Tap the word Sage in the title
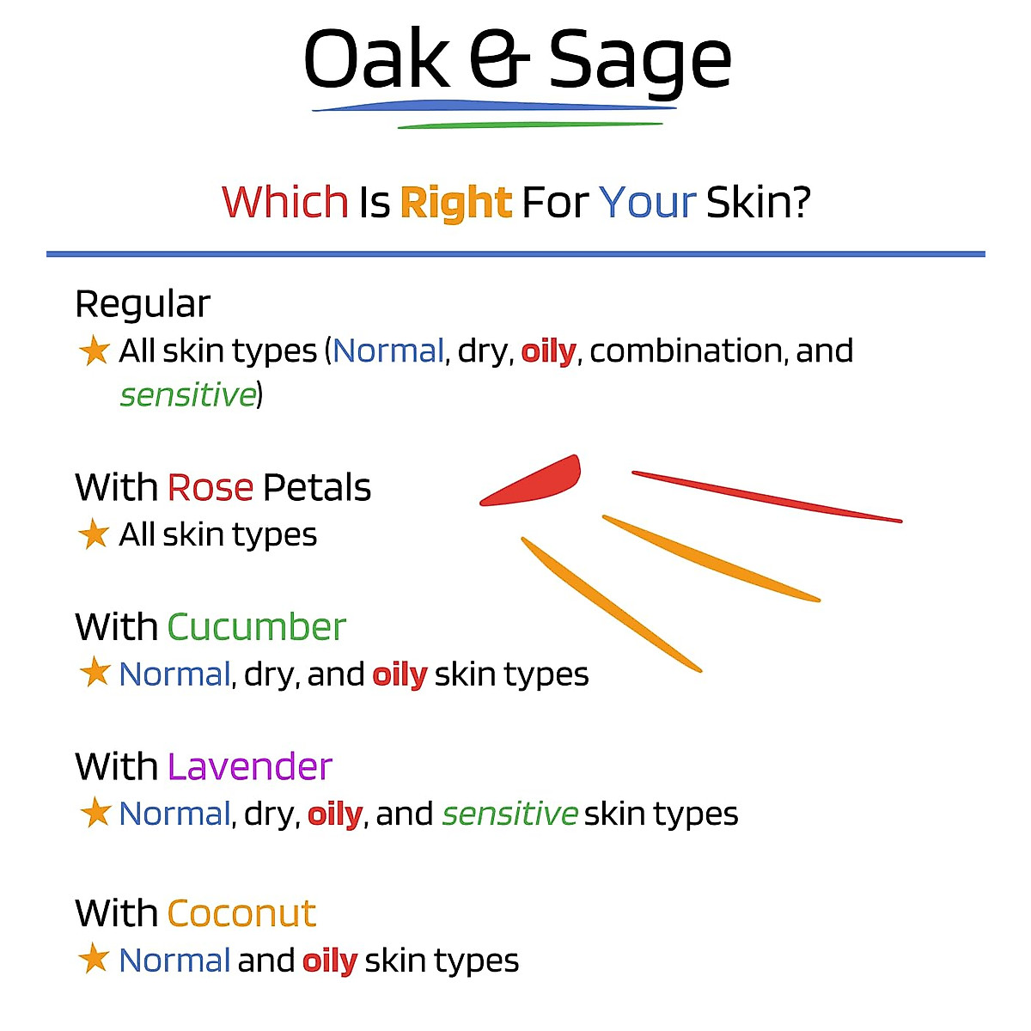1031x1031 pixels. click(640, 62)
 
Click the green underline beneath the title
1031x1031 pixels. click(530, 125)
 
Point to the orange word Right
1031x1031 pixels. click(456, 204)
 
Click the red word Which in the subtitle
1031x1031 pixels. click(285, 202)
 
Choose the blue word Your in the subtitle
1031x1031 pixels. click(647, 203)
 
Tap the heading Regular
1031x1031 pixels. click(143, 304)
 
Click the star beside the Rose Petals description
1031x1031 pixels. click(94, 534)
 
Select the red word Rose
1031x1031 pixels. click(210, 487)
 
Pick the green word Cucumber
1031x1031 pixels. click(256, 627)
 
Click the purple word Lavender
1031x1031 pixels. click(250, 766)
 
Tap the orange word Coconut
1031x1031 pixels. click(241, 913)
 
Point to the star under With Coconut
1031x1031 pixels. click(94, 959)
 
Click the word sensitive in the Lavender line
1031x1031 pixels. click(509, 814)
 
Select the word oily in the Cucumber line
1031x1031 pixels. click(400, 674)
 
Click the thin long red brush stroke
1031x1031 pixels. click(766, 497)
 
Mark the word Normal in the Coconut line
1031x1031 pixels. click(174, 960)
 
